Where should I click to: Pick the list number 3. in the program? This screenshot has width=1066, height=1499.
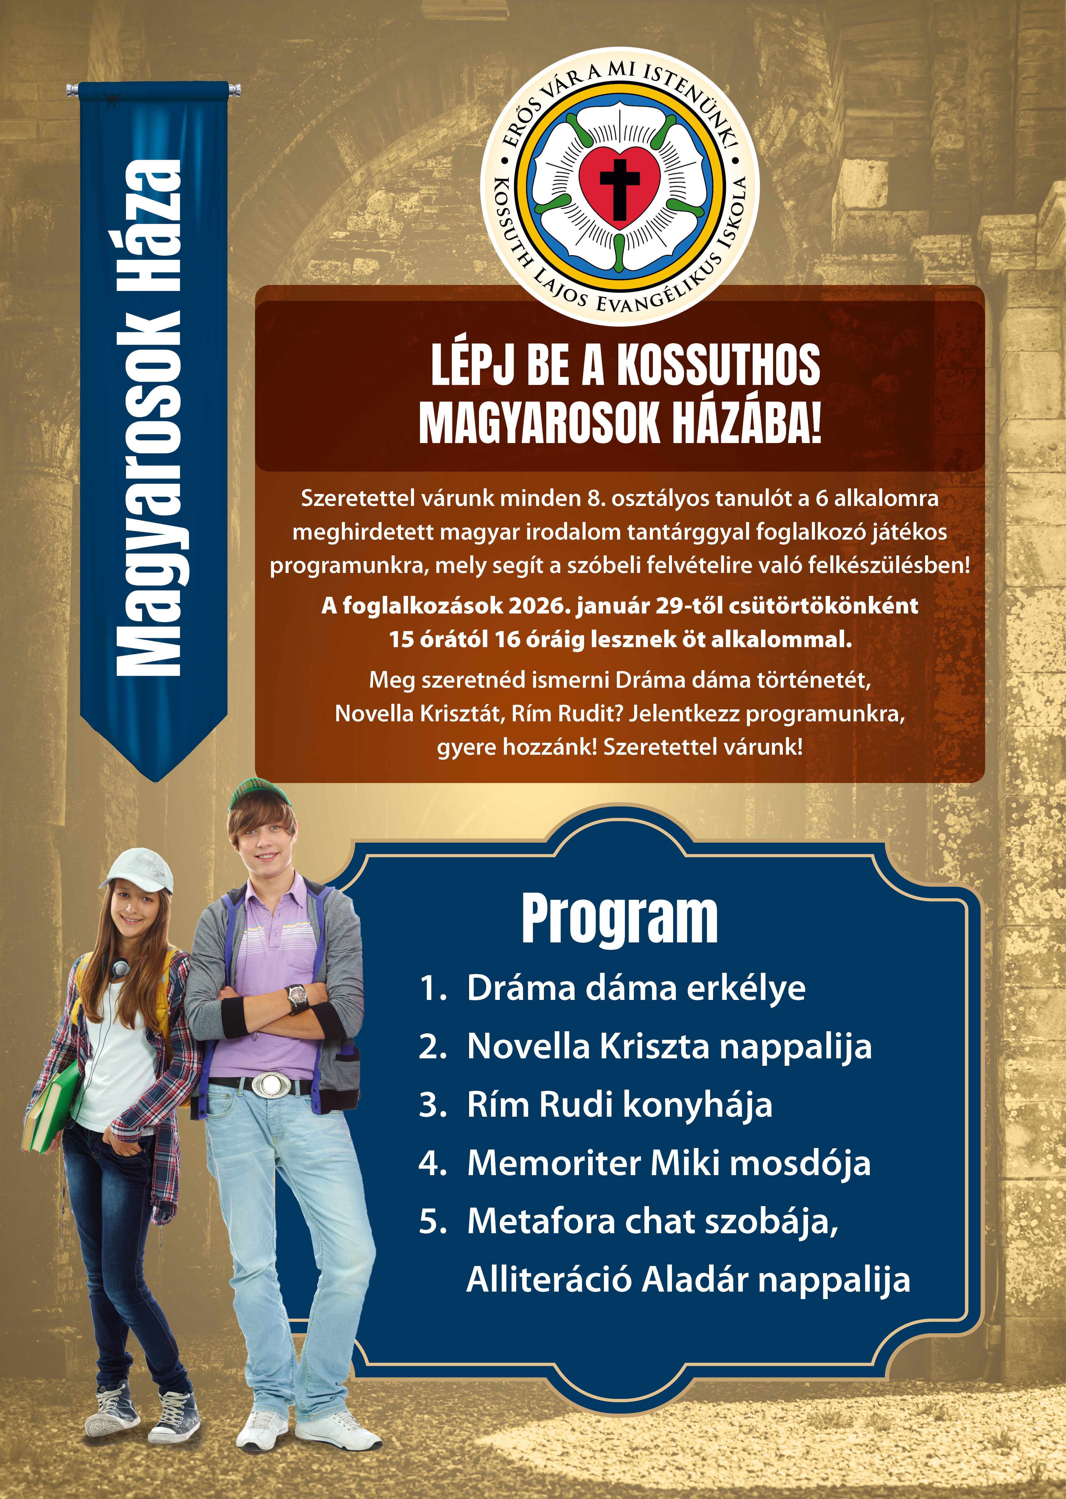432,1105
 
